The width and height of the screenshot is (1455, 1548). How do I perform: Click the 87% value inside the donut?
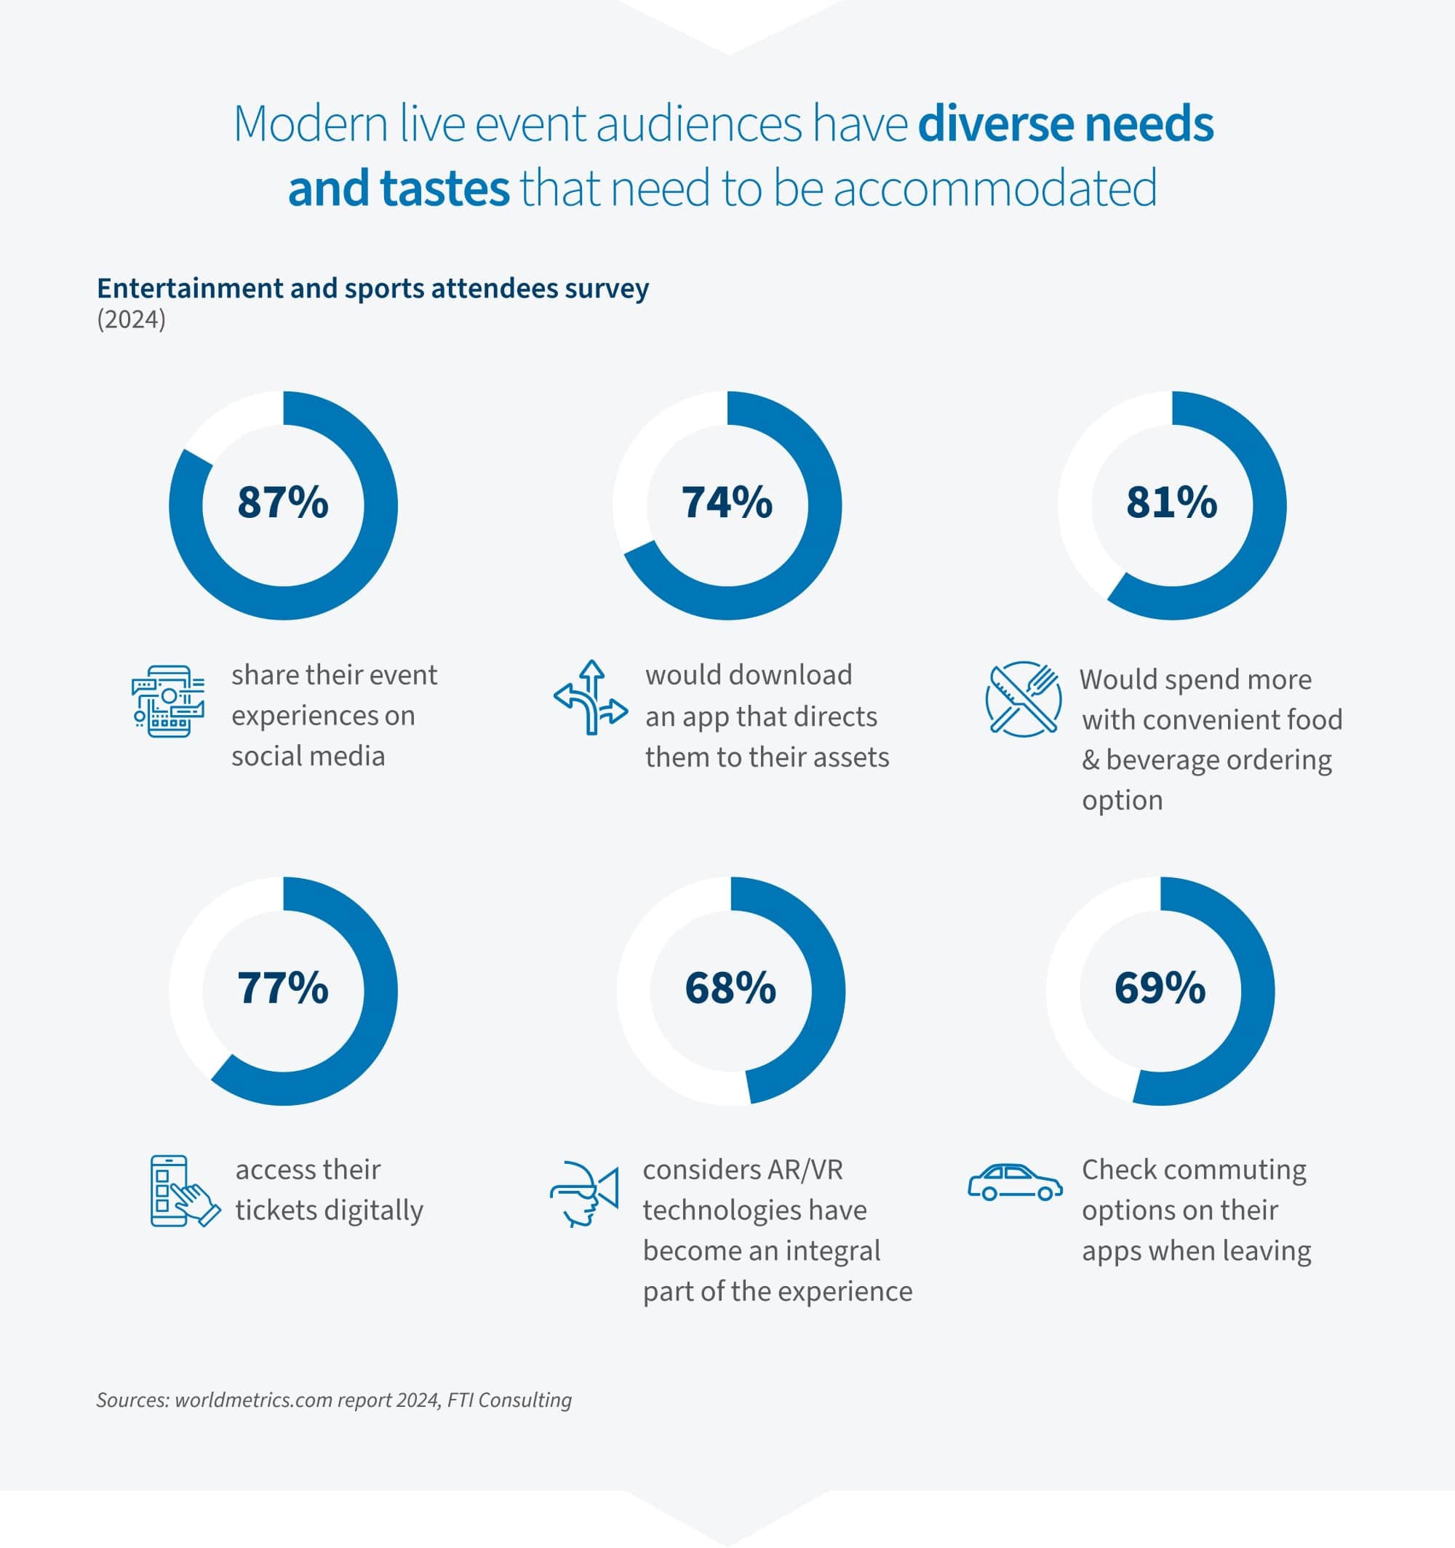coord(283,502)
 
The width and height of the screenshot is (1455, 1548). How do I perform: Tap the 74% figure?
coord(727,502)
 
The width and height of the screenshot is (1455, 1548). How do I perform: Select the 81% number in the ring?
coord(1171,502)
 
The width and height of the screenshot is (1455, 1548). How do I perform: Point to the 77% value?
coord(283,988)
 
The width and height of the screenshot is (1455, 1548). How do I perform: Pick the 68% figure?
coord(730,988)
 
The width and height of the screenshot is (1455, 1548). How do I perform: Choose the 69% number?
coord(1160,988)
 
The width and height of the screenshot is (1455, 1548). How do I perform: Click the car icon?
coord(1015,1183)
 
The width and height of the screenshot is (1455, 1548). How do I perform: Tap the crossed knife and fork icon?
coord(1023,698)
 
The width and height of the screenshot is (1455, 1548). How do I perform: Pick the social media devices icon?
coord(168,701)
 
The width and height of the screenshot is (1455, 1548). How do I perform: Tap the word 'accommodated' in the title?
coord(994,188)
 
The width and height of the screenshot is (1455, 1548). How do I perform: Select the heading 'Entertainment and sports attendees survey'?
coord(372,288)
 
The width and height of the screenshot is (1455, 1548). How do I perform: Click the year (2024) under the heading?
coord(131,320)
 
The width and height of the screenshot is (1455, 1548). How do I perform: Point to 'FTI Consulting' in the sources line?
coord(509,1400)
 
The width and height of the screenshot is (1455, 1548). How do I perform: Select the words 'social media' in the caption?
coord(308,756)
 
